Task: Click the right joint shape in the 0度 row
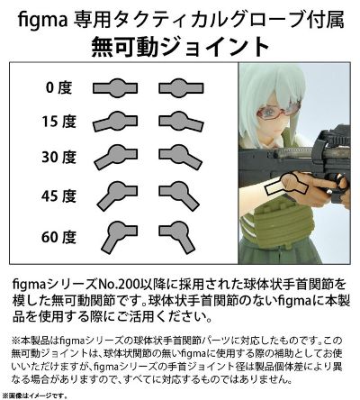(179, 87)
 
